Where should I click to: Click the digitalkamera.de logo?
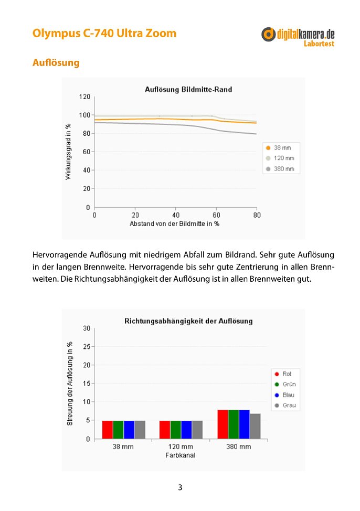click(298, 37)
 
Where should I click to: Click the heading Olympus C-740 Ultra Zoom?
click(104, 33)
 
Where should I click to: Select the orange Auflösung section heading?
click(56, 62)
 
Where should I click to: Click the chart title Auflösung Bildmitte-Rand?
click(188, 89)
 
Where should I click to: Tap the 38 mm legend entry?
click(279, 147)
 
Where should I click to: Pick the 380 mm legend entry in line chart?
click(280, 169)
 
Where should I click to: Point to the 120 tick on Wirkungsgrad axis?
click(84, 97)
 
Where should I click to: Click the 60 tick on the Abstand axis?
click(216, 215)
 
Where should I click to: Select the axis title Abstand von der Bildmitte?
click(174, 224)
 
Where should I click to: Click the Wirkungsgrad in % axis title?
click(68, 152)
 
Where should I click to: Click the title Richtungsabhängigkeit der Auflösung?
click(188, 321)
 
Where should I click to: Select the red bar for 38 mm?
click(107, 430)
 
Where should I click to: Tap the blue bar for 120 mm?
click(186, 430)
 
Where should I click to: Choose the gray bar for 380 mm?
click(256, 426)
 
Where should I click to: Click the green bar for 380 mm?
click(234, 424)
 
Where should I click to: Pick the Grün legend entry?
click(285, 384)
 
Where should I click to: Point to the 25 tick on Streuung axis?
click(87, 347)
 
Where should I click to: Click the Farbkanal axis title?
click(181, 455)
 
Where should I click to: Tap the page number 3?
click(180, 487)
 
